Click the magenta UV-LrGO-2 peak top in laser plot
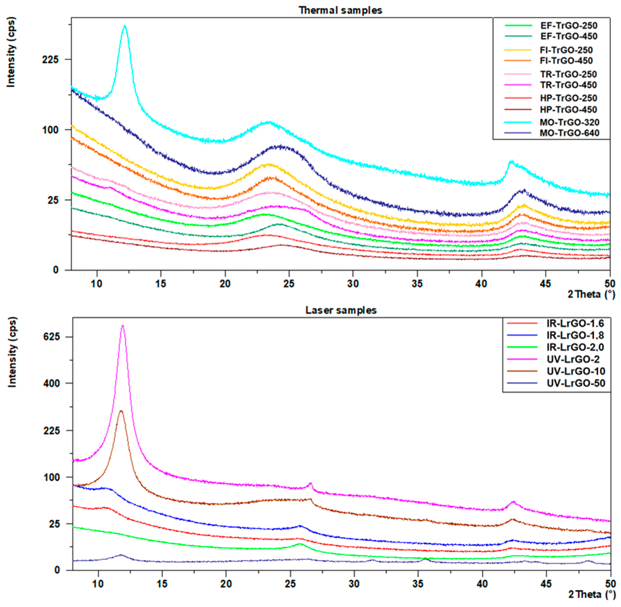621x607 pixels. click(x=122, y=326)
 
